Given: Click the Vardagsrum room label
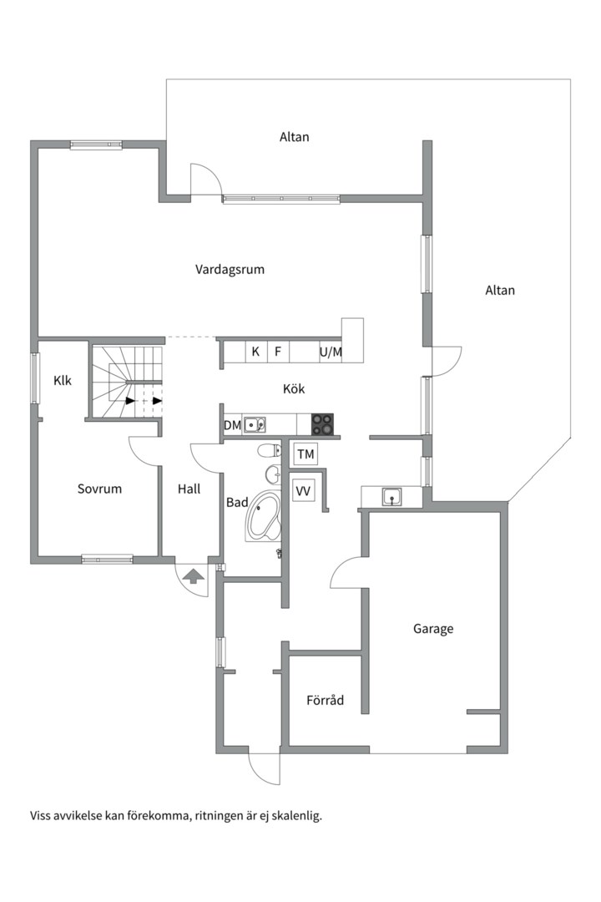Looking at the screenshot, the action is [230, 270].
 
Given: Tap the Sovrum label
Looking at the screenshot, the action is [99, 489].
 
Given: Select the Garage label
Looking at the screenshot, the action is [433, 629].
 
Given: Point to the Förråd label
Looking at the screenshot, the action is [325, 700].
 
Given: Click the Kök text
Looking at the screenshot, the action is [293, 389].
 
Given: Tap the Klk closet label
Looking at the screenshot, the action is [62, 380].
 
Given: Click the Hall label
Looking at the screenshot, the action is [189, 489].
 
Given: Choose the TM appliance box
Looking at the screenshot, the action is [306, 454].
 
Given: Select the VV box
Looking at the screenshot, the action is [303, 491].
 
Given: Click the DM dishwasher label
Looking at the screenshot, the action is [232, 426].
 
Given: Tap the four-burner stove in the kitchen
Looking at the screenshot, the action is [323, 424].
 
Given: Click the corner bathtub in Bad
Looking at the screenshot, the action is [263, 516].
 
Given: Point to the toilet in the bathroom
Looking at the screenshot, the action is [269, 450].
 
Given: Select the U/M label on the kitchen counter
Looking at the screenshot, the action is [331, 352].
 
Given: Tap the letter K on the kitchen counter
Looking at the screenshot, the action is [256, 352].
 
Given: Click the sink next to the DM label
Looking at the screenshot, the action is [254, 425].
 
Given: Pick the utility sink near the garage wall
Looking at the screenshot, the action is [392, 496].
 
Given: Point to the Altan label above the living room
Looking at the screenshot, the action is [295, 137].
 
